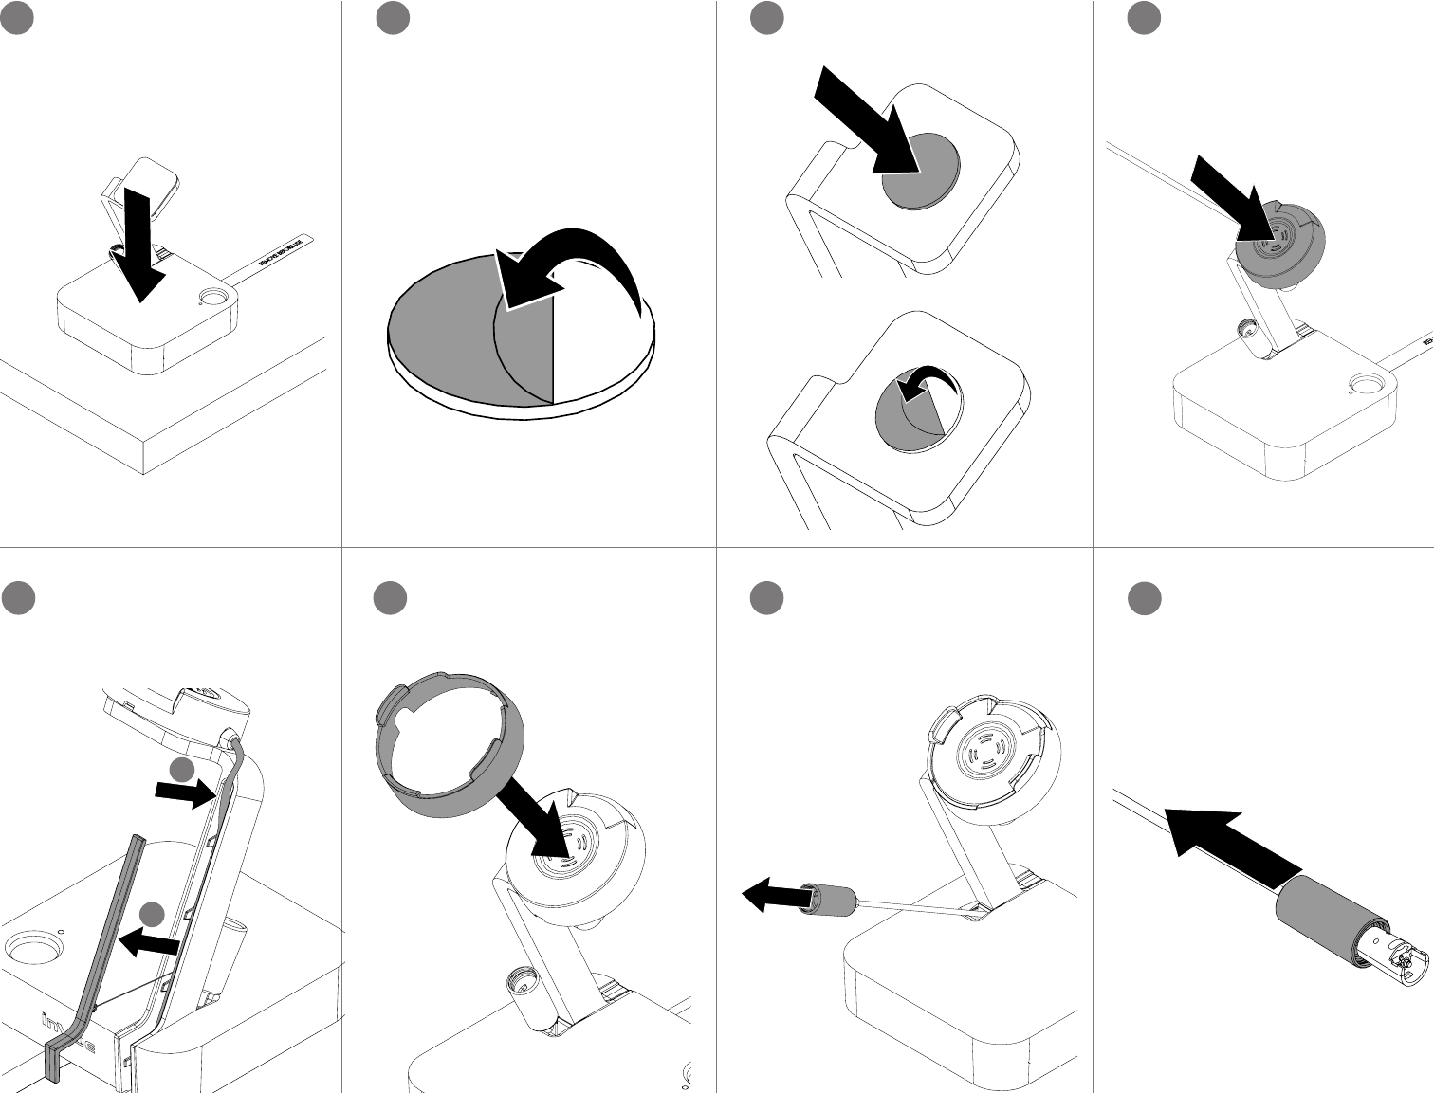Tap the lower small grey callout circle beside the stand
[x=152, y=914]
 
